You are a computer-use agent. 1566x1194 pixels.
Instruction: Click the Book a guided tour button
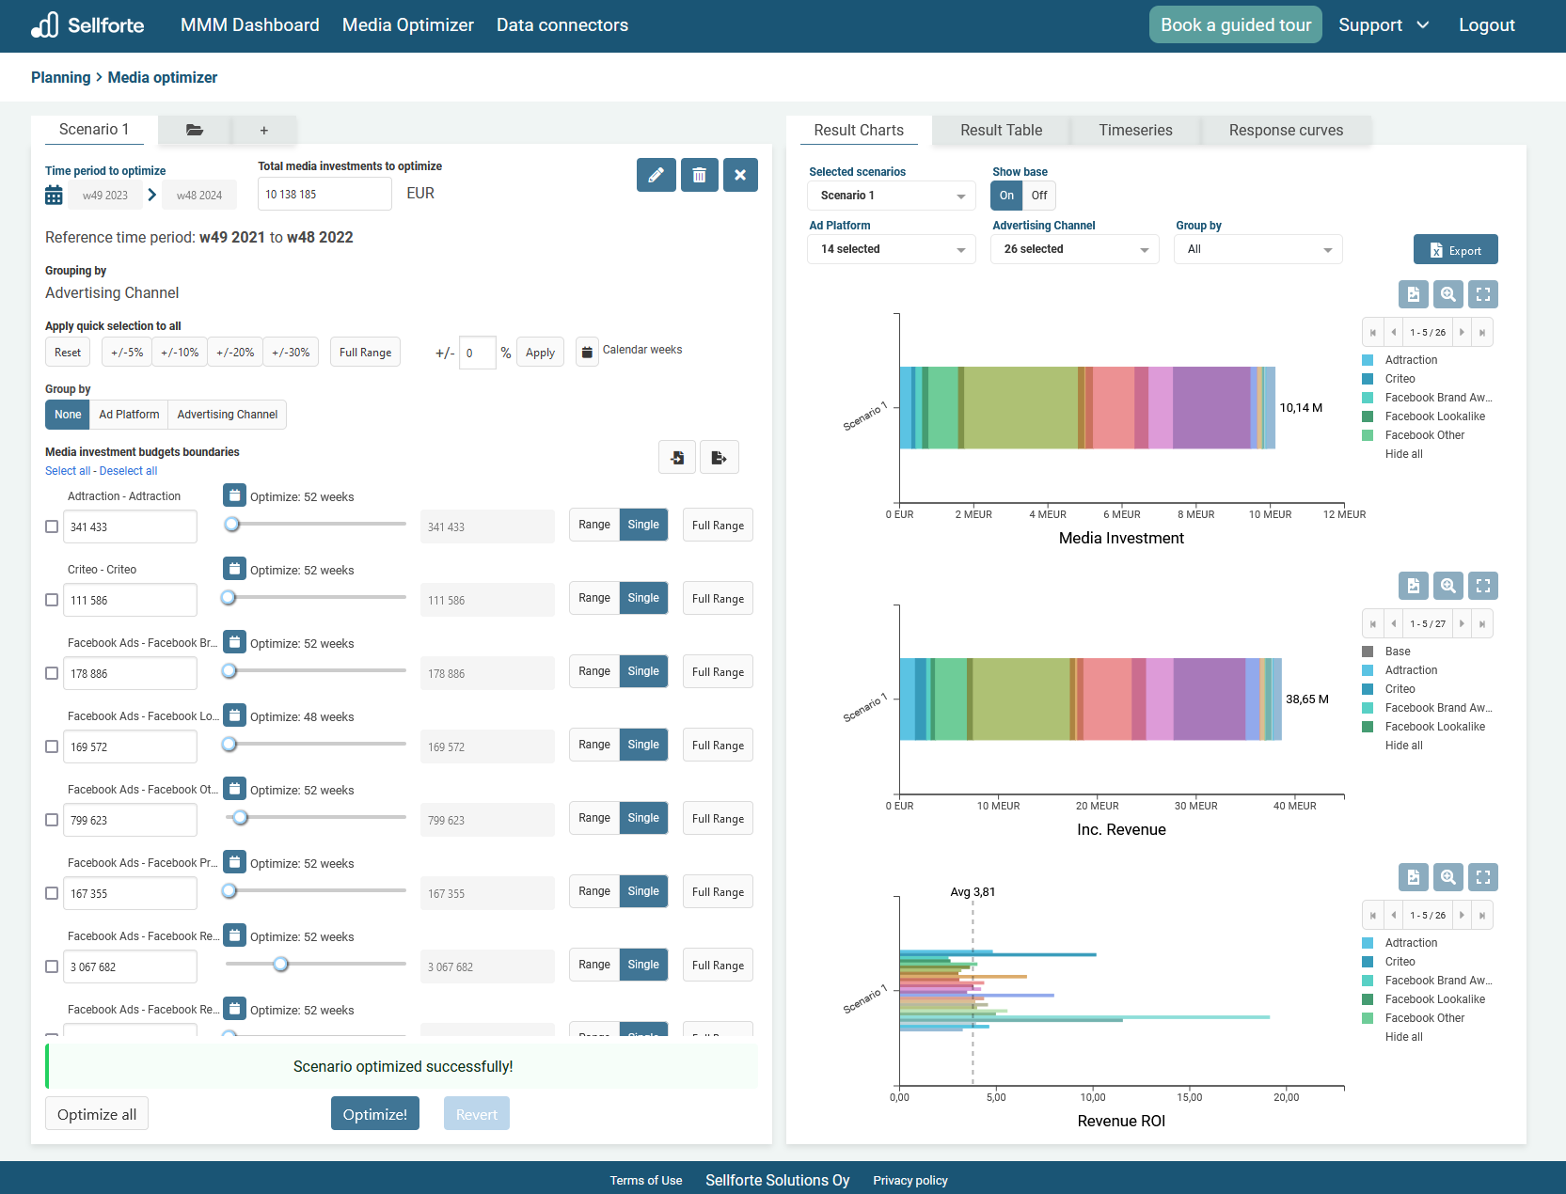pos(1235,25)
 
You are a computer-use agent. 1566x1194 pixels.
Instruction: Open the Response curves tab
pos(1285,131)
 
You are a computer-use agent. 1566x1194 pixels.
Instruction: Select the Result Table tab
pos(1001,131)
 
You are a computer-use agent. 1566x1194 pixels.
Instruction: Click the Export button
pos(1455,250)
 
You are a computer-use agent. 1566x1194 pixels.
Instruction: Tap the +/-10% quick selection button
pos(180,353)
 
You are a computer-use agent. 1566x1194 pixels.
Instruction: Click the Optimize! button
pos(374,1114)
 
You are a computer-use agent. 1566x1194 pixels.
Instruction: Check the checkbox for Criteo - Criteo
pos(52,600)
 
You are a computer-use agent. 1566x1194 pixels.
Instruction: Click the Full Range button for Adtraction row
pos(718,526)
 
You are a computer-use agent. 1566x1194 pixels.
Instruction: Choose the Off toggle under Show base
pos(1038,196)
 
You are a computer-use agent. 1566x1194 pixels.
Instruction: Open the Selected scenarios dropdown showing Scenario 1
pos(891,196)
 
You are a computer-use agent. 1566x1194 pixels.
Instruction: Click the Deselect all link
pos(128,471)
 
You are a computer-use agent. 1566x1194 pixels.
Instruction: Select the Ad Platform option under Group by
pos(129,415)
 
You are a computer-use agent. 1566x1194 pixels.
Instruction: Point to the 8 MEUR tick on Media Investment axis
pos(1195,514)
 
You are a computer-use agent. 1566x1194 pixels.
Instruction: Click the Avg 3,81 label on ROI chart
pos(973,892)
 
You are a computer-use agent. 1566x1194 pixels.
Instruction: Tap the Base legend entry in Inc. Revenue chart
pos(1398,652)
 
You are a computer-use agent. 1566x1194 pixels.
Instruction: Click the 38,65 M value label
pos(1306,699)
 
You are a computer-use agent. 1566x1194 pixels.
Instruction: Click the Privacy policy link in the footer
pos(910,1181)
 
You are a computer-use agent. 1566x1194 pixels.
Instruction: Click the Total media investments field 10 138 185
pos(324,195)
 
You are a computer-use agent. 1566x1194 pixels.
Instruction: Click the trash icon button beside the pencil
pos(699,175)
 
